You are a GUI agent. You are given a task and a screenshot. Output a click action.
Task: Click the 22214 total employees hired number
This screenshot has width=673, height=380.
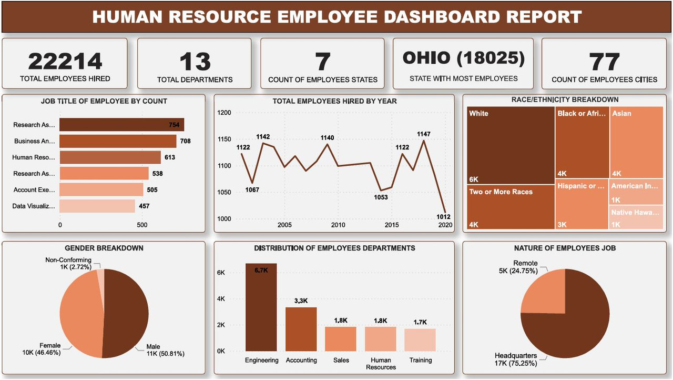65,62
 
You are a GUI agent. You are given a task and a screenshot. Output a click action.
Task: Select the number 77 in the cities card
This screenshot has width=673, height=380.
604,62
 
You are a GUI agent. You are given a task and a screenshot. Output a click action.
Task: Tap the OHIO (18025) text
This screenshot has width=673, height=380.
463,58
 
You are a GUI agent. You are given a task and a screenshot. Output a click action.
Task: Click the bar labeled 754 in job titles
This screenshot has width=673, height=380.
121,125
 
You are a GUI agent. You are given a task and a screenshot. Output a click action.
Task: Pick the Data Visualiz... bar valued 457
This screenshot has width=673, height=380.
97,206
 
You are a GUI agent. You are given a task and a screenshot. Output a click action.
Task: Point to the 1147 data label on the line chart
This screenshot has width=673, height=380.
423,134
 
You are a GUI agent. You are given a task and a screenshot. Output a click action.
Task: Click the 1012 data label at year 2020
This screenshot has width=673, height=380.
443,217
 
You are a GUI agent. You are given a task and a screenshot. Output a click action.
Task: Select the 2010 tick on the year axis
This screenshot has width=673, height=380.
338,225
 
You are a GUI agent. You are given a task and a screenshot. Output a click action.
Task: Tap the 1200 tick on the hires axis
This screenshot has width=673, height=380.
224,113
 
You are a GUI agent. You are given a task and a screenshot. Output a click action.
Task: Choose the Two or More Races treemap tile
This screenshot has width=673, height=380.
511,207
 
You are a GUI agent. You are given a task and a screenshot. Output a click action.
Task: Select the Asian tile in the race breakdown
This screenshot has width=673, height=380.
637,142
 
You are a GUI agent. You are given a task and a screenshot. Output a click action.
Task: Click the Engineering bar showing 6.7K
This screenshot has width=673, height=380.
261,307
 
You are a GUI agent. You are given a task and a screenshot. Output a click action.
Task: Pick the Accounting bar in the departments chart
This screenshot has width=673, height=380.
301,329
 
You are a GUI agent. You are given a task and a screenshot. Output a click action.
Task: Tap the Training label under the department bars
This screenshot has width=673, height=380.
420,361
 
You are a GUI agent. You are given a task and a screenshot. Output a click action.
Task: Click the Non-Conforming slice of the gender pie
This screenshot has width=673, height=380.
101,276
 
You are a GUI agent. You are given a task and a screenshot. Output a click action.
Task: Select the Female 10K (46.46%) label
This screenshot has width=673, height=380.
42,349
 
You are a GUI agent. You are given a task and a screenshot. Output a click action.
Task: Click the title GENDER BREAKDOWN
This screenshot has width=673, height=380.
104,248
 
